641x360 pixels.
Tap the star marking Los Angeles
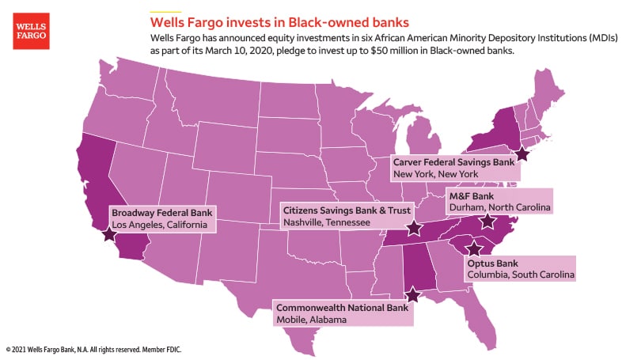tap(108, 233)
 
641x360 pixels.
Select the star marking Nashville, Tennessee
tap(413, 228)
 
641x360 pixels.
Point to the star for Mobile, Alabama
tap(412, 296)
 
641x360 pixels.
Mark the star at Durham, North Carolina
tap(487, 222)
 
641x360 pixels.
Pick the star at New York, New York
tap(520, 153)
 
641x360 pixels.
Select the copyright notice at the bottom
tap(99, 348)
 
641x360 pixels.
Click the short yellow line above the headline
tap(165, 10)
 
